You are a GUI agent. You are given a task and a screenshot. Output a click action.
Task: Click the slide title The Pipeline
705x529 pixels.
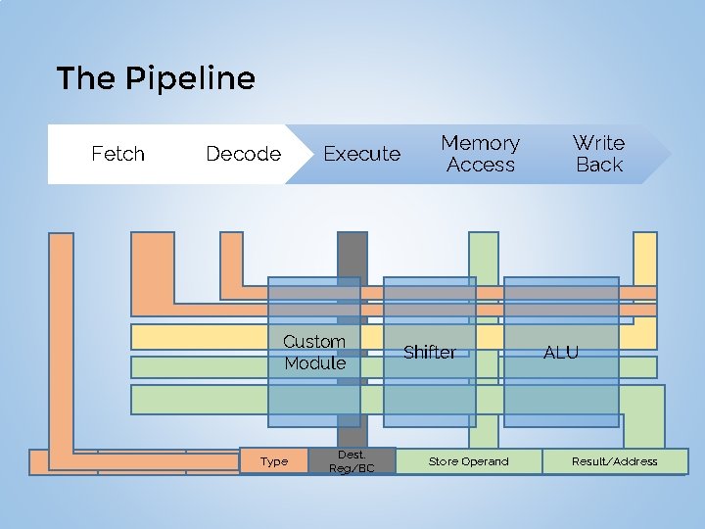(x=156, y=78)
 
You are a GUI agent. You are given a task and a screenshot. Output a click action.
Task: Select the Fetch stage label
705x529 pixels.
(x=117, y=154)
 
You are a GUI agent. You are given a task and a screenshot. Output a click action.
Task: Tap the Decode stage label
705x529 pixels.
(x=243, y=154)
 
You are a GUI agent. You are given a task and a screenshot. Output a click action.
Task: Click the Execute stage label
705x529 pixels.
(x=361, y=154)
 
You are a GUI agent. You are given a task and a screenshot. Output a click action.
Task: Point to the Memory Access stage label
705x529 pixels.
(x=480, y=154)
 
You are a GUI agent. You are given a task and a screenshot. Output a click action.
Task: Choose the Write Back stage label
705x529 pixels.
(x=598, y=154)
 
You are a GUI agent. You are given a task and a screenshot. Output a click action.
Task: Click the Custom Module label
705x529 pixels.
(x=314, y=353)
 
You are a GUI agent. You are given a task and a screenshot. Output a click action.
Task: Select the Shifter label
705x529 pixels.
(x=429, y=353)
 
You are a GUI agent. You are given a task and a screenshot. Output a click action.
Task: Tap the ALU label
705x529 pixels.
(x=561, y=353)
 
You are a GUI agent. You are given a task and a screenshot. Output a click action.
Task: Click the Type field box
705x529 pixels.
(x=274, y=461)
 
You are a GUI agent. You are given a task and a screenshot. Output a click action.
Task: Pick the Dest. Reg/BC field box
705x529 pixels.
(x=352, y=461)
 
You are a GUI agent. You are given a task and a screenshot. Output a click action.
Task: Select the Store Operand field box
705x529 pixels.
(x=468, y=461)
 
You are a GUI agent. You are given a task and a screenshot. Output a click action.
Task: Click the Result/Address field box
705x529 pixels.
(x=614, y=461)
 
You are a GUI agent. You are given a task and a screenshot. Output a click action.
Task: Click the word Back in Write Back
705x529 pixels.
(x=599, y=165)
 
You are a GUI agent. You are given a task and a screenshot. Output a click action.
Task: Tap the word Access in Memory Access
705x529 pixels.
(x=480, y=165)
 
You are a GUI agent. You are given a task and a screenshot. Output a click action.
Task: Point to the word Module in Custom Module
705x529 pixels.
(x=314, y=363)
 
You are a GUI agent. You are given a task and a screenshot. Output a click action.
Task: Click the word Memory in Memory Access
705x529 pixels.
(x=480, y=143)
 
